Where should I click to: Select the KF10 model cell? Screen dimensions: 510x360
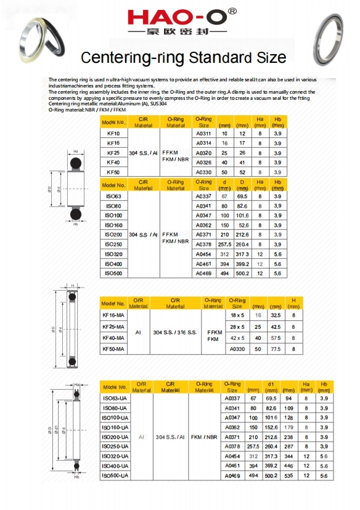click(x=113, y=133)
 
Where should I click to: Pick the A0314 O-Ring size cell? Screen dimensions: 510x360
click(x=203, y=143)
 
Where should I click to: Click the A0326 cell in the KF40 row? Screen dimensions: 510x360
click(x=203, y=163)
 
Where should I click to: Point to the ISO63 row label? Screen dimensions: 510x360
click(x=113, y=196)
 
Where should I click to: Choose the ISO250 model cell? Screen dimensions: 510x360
click(x=113, y=245)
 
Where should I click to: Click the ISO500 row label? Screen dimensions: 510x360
click(x=113, y=273)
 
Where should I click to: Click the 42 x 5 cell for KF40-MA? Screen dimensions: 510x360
click(x=237, y=338)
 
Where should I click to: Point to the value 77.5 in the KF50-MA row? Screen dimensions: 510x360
click(x=276, y=349)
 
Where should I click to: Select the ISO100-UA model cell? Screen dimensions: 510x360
click(x=115, y=418)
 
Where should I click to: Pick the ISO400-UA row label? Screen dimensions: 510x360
click(x=115, y=466)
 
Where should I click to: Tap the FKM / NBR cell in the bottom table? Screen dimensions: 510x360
click(x=203, y=437)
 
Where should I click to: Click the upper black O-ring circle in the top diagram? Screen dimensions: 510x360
click(x=75, y=163)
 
